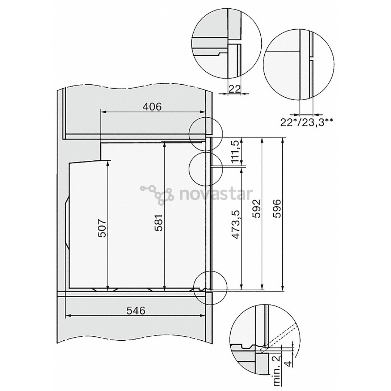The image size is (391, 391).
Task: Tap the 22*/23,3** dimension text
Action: point(307,121)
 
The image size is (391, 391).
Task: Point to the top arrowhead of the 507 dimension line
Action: point(108,162)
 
